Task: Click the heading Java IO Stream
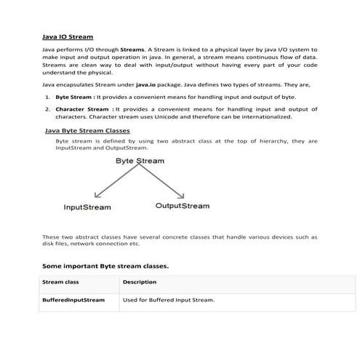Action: [67, 36]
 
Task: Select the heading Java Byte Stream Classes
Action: [87, 131]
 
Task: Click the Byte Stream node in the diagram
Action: [140, 161]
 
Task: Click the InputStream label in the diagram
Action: [87, 207]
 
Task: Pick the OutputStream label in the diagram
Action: [183, 206]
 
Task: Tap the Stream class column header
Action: [60, 281]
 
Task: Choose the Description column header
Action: [140, 281]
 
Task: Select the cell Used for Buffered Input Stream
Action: [169, 300]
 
